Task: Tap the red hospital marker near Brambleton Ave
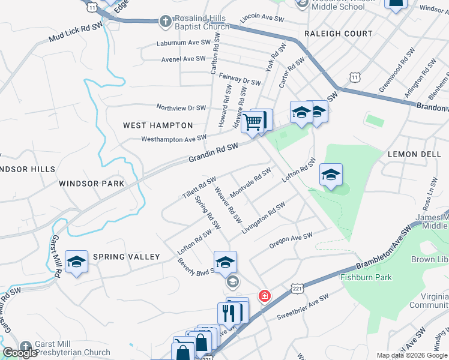pos(264,296)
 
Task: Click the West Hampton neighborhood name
pos(158,125)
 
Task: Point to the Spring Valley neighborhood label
pos(126,257)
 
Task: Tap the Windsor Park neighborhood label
pos(91,183)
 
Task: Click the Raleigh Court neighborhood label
pos(338,34)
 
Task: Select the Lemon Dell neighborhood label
pos(414,154)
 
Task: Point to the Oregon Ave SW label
pos(291,239)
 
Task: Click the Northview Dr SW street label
pos(181,108)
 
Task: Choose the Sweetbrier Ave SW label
pos(303,307)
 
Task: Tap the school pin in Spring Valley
pos(76,262)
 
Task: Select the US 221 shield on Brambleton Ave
pos(298,289)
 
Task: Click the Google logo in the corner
pos(20,353)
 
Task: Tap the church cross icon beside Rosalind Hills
pos(165,22)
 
